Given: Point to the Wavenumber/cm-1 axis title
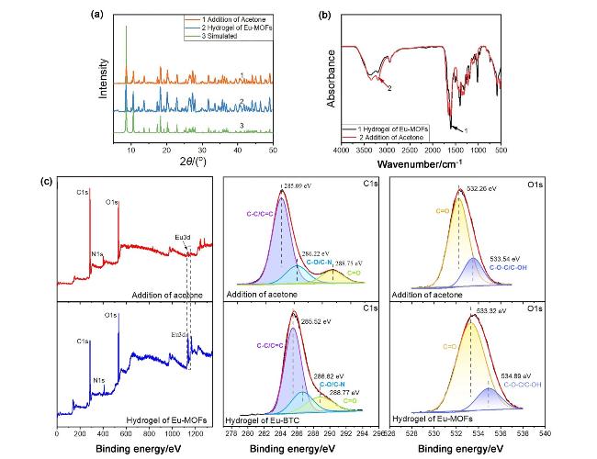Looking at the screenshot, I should (x=422, y=165).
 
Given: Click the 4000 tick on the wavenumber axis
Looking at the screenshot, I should (x=342, y=150).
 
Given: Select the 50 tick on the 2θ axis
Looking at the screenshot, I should (x=273, y=149).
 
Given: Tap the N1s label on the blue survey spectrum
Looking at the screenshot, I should (x=98, y=378).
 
